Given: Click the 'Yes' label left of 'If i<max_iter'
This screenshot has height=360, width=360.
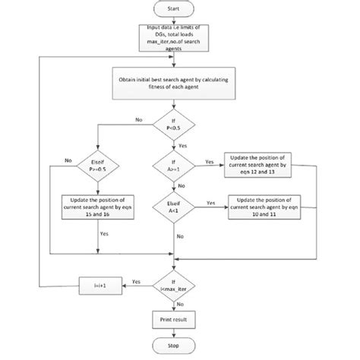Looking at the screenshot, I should point(137,281).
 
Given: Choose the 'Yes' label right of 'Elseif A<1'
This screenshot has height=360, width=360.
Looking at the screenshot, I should point(211,202).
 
